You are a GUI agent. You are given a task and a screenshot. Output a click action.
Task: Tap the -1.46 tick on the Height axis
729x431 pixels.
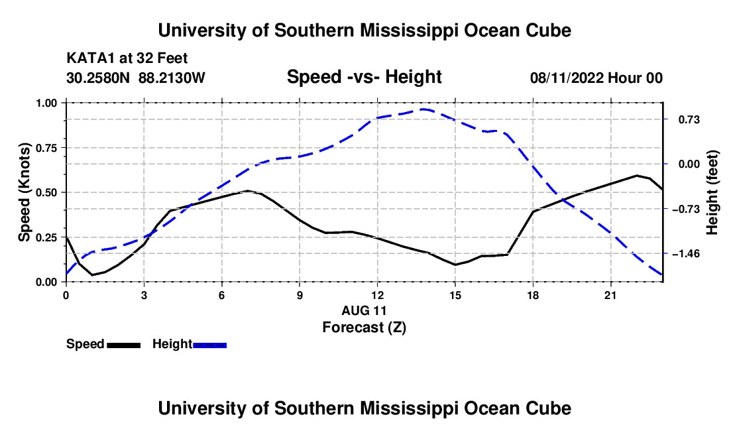(x=686, y=254)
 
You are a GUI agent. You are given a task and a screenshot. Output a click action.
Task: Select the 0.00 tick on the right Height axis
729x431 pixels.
(x=689, y=164)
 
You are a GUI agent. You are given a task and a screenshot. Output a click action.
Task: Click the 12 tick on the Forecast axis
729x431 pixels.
(x=378, y=295)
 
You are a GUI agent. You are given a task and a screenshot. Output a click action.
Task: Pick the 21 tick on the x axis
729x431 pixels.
(x=610, y=295)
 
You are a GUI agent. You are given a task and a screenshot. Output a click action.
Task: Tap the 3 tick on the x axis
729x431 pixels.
(x=144, y=295)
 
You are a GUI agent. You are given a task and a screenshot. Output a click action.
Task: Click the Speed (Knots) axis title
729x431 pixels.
(x=24, y=192)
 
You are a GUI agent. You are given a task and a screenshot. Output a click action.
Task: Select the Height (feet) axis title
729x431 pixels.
(x=712, y=192)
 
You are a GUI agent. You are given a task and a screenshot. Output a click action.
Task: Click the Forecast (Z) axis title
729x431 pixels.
(x=364, y=328)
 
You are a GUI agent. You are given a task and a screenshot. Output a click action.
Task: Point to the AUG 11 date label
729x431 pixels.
(x=364, y=310)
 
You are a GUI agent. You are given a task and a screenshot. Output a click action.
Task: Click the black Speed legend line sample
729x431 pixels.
(x=124, y=345)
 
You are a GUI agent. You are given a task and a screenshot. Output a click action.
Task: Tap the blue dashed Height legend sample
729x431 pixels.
(x=209, y=345)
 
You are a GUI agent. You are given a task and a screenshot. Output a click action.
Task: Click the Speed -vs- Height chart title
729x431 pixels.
(x=364, y=77)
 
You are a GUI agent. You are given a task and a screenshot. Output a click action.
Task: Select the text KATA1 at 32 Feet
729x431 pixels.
(x=127, y=58)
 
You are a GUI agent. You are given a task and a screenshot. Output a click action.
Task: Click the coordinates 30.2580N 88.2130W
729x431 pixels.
(x=136, y=78)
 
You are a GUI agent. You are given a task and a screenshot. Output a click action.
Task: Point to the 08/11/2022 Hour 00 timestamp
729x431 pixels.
(x=596, y=78)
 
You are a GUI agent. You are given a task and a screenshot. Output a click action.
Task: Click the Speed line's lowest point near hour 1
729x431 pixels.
(x=92, y=275)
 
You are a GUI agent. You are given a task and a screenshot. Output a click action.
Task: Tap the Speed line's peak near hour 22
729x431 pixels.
(x=636, y=175)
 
